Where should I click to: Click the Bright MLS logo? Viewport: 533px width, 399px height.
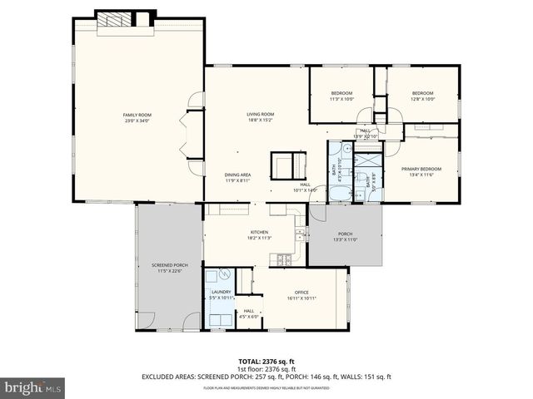click(x=32, y=387)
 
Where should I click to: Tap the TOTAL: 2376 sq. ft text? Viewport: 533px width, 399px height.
click(x=266, y=360)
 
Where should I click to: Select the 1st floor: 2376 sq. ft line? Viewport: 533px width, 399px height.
click(x=266, y=368)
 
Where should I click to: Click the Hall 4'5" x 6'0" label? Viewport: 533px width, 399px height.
click(x=249, y=313)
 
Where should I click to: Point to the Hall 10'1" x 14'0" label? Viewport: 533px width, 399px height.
click(x=305, y=187)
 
